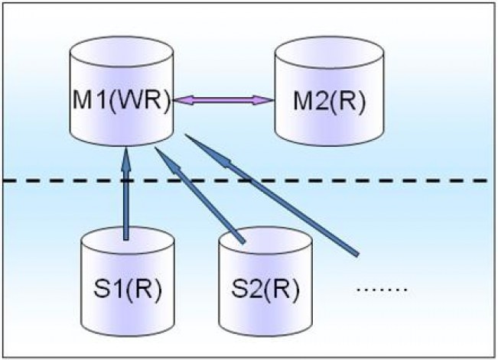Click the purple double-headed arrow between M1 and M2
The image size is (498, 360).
click(223, 100)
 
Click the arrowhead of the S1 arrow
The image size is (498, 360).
click(127, 158)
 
